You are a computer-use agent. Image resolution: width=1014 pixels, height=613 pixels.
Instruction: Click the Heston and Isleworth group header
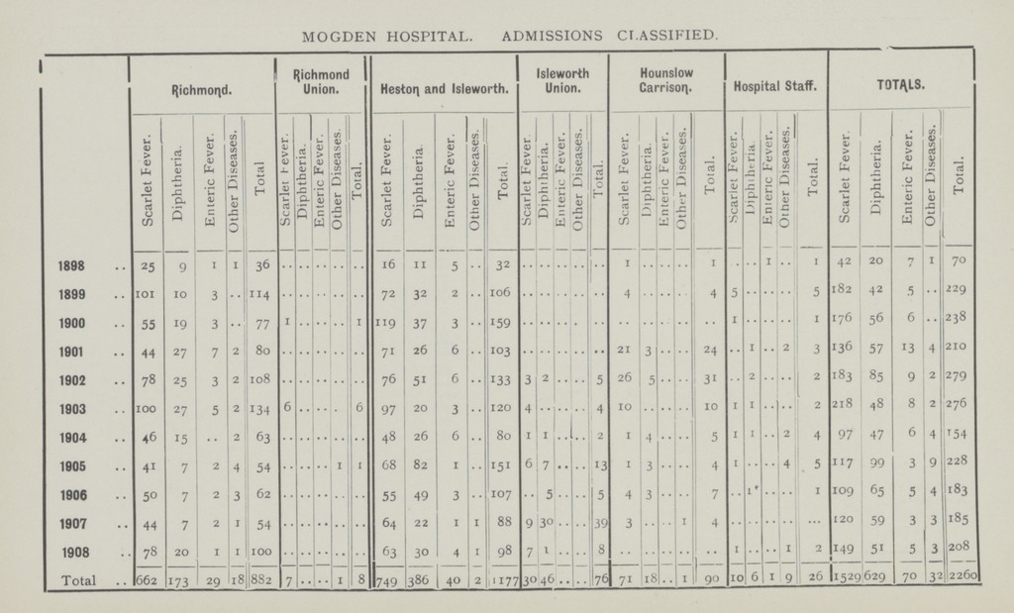point(440,90)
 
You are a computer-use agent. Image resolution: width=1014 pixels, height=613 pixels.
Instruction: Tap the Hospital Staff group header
point(776,90)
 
